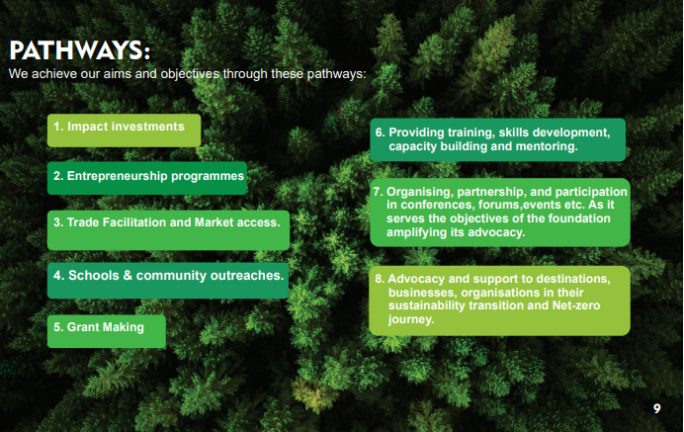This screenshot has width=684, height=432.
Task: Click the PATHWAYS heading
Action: click(x=79, y=50)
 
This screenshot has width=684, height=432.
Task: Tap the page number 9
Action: click(x=656, y=409)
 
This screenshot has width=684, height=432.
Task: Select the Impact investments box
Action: click(x=124, y=130)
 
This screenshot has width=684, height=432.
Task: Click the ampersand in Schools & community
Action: click(x=128, y=276)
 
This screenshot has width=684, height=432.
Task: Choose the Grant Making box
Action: click(x=107, y=331)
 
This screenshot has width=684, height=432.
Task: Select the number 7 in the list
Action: click(x=378, y=192)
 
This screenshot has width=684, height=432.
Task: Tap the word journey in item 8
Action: click(x=411, y=320)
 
